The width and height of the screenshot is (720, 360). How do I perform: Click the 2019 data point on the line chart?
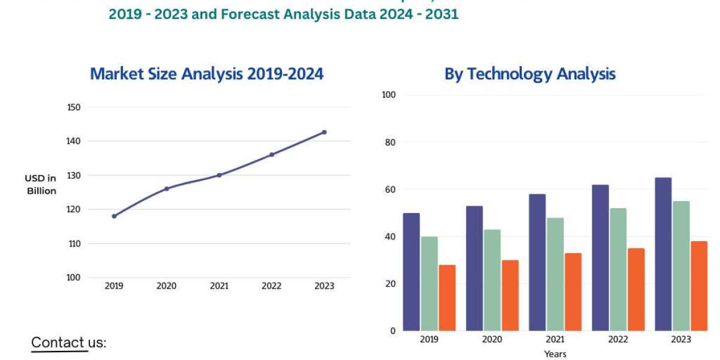click(x=114, y=216)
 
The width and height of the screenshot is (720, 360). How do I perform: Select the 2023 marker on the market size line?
click(x=325, y=132)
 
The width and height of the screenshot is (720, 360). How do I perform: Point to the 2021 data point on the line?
click(x=219, y=175)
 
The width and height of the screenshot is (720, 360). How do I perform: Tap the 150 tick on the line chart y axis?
click(x=74, y=107)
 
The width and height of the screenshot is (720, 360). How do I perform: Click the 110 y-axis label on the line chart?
click(x=74, y=244)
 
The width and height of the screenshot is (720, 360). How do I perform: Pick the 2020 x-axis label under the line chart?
click(x=166, y=286)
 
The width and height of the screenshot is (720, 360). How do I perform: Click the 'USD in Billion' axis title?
click(x=41, y=184)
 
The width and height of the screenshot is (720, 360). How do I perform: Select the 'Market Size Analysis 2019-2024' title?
click(x=206, y=74)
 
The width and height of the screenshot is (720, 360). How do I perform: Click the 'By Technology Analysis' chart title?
click(x=530, y=74)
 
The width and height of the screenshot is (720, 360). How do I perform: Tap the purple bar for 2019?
click(x=411, y=272)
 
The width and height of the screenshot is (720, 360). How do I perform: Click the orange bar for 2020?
click(x=510, y=295)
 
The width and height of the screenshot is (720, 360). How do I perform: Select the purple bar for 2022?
click(x=600, y=258)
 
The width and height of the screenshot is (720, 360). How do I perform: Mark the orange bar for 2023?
click(x=699, y=286)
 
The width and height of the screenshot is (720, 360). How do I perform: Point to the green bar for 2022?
click(x=618, y=269)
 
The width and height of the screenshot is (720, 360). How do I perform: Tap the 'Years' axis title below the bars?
click(x=555, y=354)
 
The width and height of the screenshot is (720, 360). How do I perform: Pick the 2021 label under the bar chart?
click(x=555, y=340)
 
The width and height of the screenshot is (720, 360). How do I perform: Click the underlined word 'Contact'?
click(x=58, y=343)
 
